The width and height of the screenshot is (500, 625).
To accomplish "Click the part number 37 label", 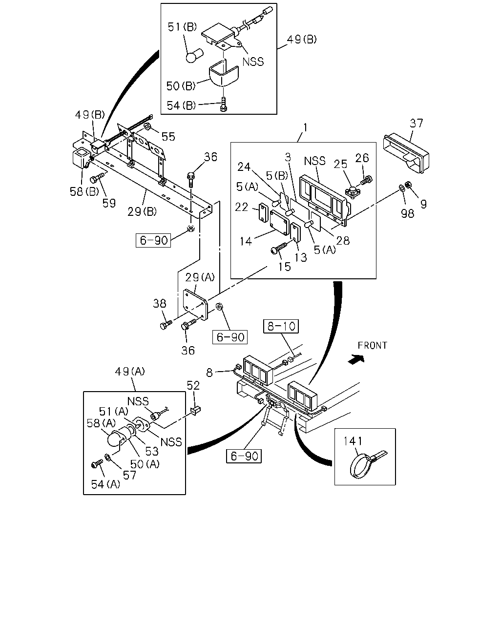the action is pos(417,123).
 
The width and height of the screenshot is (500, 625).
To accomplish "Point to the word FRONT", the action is pos(372,345).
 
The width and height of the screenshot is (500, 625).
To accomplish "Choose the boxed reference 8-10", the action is pos(281,326).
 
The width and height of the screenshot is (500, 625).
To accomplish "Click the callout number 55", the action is pos(168,137).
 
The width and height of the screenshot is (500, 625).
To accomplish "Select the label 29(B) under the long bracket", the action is pos(142,211).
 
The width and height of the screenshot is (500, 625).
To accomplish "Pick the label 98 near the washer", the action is pos(407,213).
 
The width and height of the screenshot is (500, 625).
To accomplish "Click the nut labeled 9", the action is pos(408,184).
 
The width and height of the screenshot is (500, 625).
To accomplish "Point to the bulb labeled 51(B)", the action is pos(194,56).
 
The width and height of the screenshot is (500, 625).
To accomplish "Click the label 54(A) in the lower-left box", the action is pos(105,484).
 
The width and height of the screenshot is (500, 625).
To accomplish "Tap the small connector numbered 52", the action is pos(196,410).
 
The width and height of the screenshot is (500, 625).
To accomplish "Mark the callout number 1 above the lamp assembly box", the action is pos(305,127).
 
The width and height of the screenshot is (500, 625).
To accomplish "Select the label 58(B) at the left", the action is pos(84,191).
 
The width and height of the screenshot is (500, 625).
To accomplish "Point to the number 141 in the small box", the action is pos(353,441).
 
